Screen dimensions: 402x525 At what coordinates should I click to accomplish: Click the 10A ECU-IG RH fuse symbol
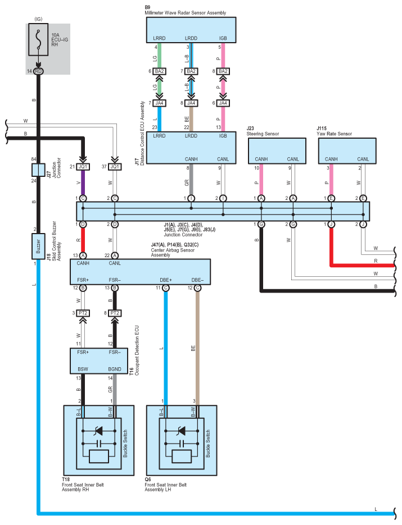click(38, 39)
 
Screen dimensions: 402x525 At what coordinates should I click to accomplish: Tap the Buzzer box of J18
click(38, 246)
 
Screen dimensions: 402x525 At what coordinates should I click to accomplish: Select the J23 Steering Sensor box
click(277, 151)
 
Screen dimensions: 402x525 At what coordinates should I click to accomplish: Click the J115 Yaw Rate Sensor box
click(347, 151)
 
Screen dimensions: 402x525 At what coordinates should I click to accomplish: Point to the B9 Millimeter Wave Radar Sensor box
click(191, 30)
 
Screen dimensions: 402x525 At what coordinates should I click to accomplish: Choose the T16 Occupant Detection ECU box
click(99, 361)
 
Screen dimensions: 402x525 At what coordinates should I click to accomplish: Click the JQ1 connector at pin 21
click(83, 166)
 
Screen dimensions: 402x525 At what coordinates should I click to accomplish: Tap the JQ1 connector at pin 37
click(115, 166)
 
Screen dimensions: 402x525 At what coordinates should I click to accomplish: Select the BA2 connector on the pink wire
click(223, 71)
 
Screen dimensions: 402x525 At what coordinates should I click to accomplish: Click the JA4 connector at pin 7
click(159, 103)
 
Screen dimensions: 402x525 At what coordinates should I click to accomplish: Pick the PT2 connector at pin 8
click(115, 313)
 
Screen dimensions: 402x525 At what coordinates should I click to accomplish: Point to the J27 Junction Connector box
click(38, 170)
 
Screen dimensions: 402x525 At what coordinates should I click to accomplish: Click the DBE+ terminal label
click(166, 280)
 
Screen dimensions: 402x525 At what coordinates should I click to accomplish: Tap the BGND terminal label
click(115, 369)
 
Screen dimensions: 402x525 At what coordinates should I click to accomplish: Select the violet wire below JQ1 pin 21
click(83, 182)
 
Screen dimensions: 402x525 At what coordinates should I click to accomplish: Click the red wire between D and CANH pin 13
click(83, 240)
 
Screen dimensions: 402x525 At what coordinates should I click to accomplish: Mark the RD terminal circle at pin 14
click(38, 71)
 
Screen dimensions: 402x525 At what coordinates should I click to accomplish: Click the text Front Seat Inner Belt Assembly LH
click(166, 487)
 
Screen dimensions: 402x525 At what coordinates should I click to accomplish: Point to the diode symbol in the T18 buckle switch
click(98, 431)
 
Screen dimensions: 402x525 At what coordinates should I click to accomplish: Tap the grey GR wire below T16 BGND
click(115, 390)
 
